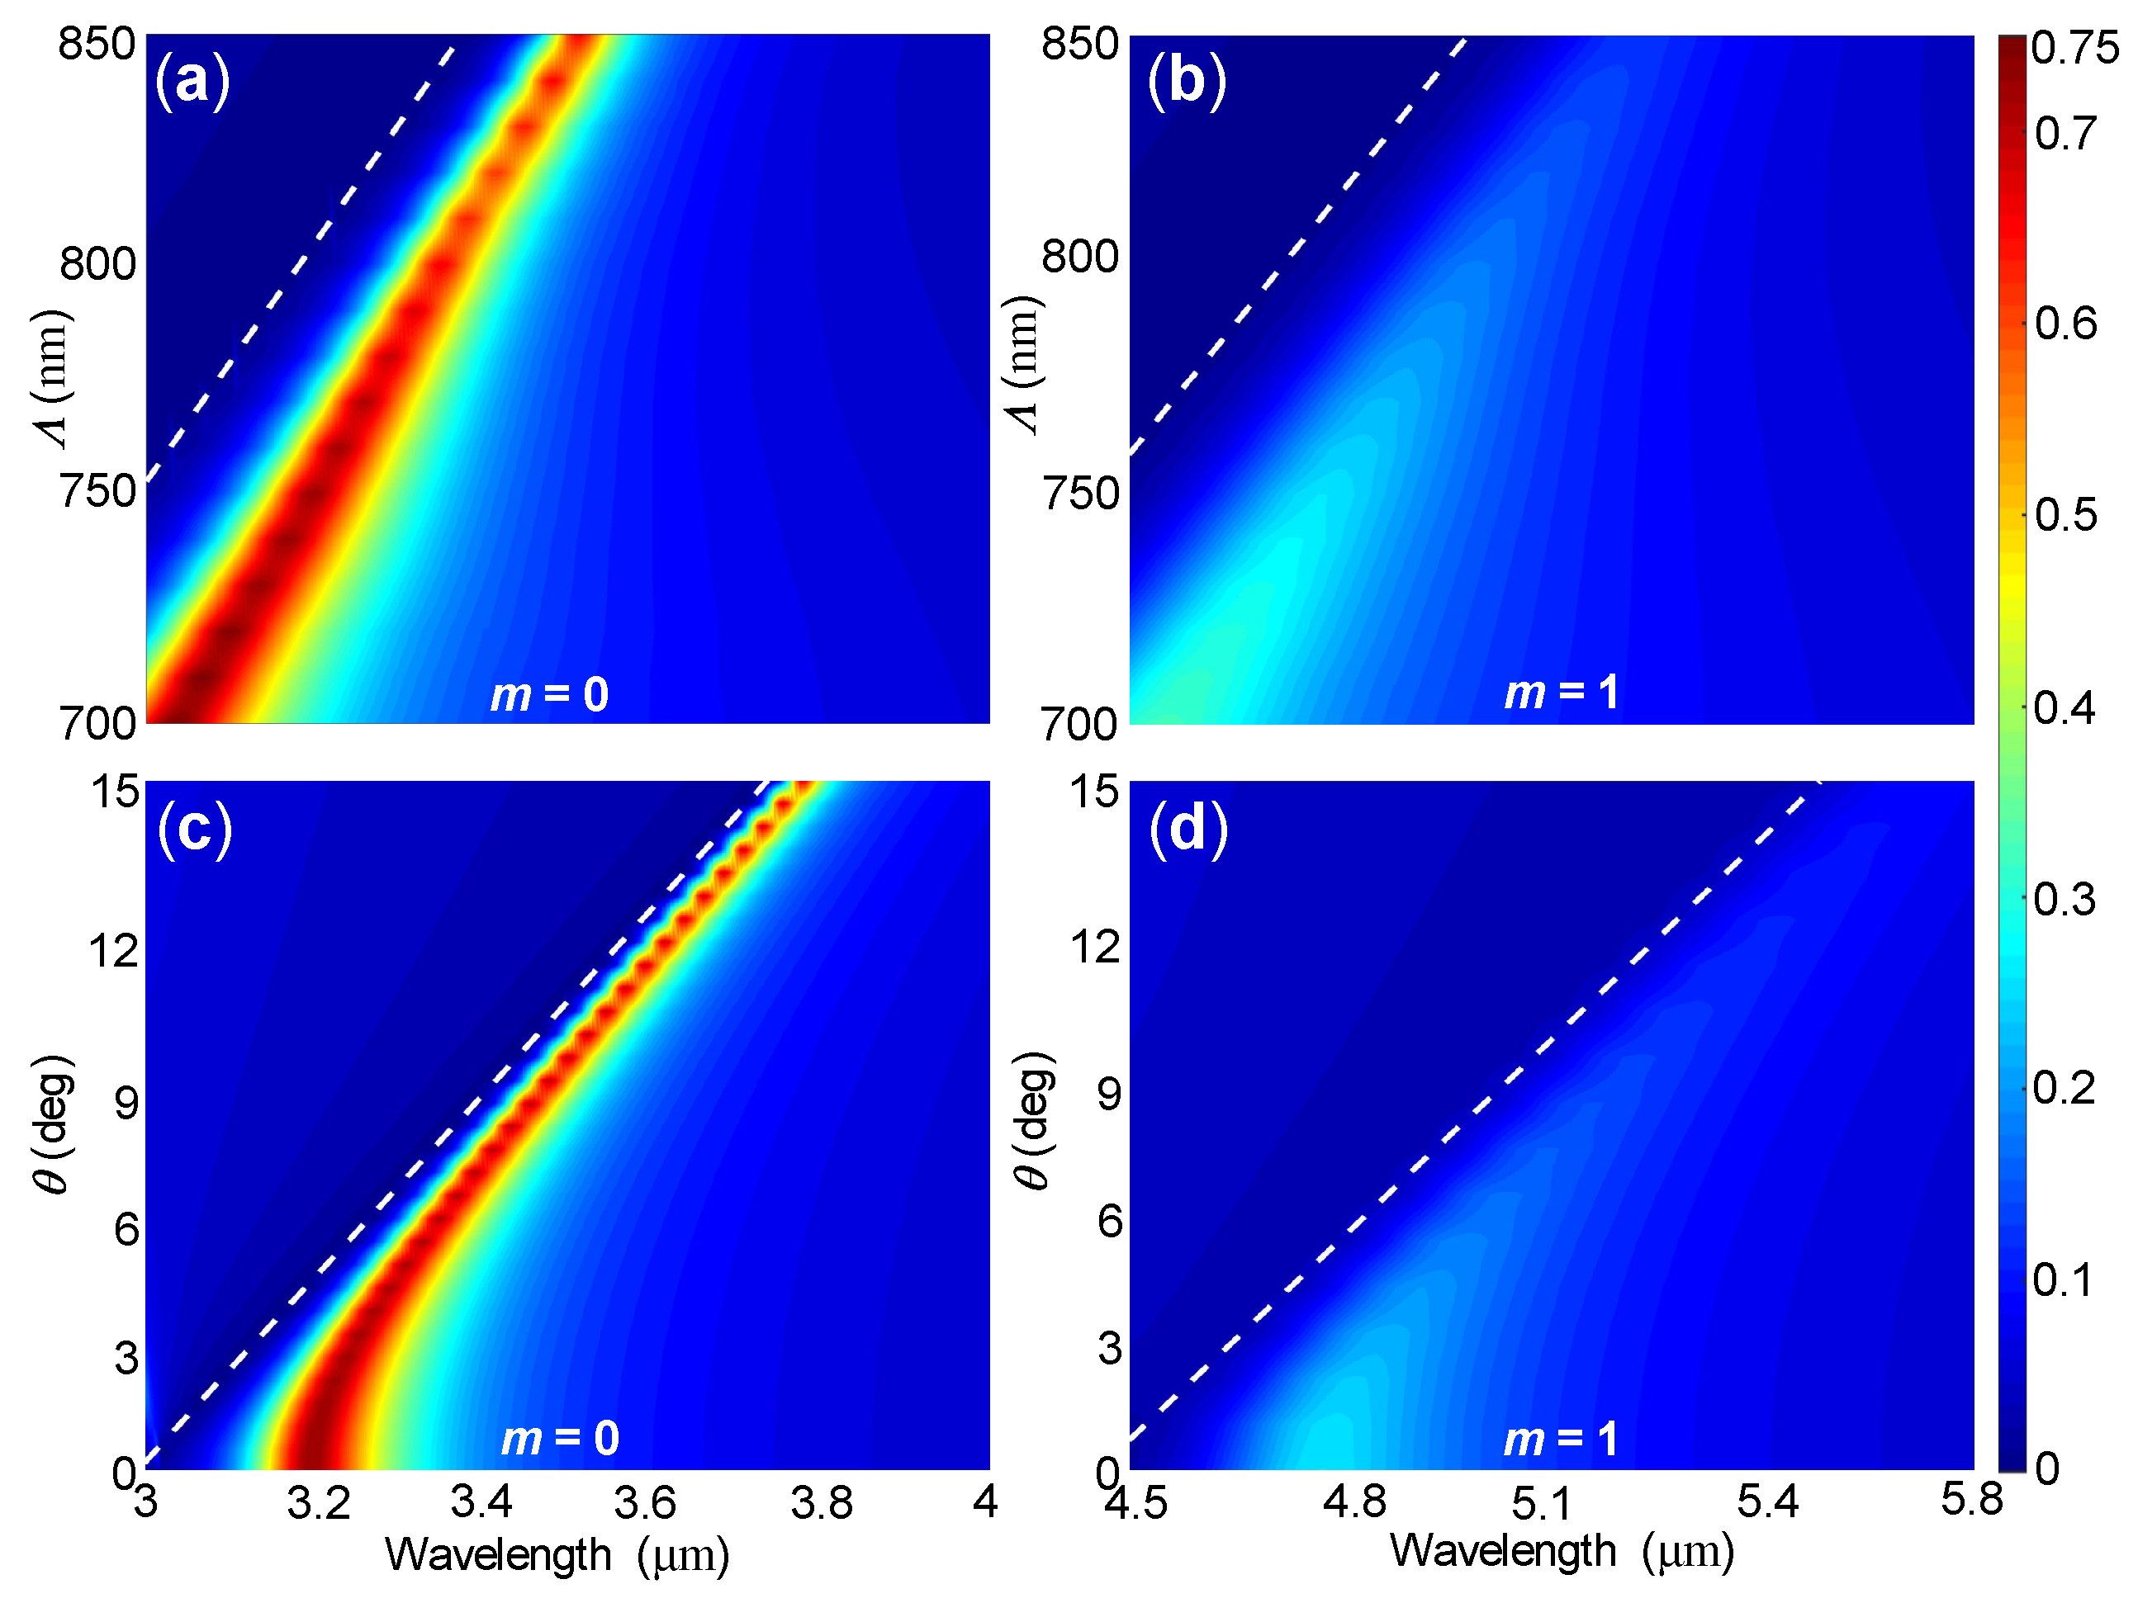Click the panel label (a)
click(192, 80)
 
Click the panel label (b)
click(1186, 80)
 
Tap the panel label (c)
click(194, 828)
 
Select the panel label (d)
click(1188, 828)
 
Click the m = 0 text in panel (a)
click(549, 695)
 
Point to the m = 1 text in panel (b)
click(1561, 693)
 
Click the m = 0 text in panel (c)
click(560, 1439)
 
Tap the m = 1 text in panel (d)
click(1561, 1440)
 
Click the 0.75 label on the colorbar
click(2074, 47)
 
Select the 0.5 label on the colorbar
click(2065, 515)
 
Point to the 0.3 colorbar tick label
click(2065, 900)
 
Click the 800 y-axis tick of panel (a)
click(97, 262)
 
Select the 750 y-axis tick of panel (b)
click(1079, 494)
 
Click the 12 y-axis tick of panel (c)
click(113, 951)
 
